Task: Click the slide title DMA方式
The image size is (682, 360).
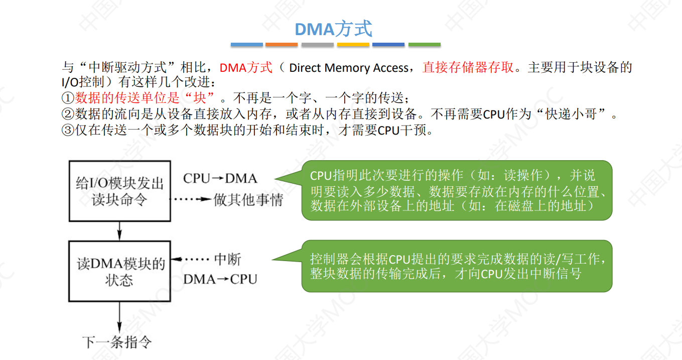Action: (333, 29)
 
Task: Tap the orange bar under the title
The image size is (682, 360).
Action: (282, 45)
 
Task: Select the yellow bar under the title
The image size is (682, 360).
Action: (353, 45)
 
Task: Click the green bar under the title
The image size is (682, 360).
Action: (424, 45)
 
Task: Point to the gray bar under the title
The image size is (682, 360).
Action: (317, 45)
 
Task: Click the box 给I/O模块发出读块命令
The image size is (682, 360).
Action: (119, 191)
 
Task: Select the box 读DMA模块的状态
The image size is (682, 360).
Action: (119, 271)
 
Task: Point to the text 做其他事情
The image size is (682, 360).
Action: (248, 200)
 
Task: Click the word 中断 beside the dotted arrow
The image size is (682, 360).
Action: (227, 260)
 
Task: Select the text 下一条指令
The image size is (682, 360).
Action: (116, 342)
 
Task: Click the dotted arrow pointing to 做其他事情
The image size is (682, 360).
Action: (191, 199)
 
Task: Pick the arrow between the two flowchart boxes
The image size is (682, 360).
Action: (119, 231)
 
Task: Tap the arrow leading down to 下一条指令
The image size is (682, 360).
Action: (119, 316)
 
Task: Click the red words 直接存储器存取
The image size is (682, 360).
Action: (468, 67)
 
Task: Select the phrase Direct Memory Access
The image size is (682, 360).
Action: (349, 68)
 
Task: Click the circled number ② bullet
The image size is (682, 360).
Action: (67, 114)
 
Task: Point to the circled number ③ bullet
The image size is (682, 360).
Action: (67, 130)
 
